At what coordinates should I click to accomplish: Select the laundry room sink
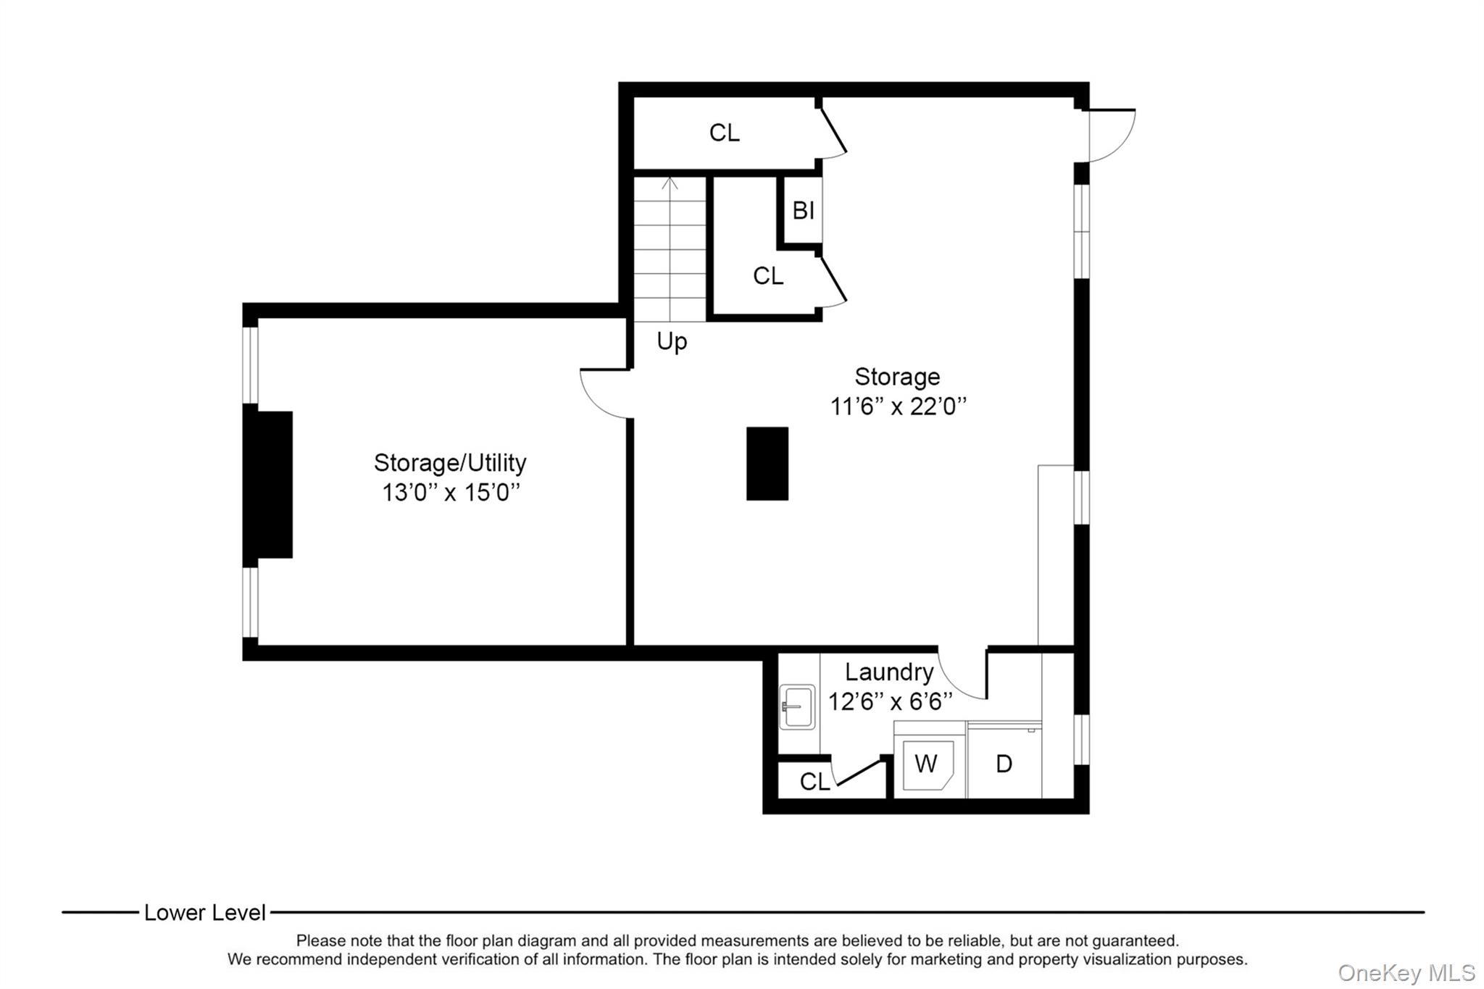(797, 706)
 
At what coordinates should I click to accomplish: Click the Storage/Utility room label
(450, 462)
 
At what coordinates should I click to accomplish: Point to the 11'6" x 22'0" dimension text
(898, 406)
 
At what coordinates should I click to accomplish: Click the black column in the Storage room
(767, 463)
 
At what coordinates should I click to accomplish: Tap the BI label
(803, 210)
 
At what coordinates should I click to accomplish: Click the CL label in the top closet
(725, 133)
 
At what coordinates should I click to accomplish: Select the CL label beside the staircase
(768, 276)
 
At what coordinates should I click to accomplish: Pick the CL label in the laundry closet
(814, 782)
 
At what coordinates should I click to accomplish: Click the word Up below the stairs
(672, 341)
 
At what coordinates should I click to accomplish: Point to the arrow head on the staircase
(670, 182)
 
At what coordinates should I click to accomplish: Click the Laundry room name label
(889, 672)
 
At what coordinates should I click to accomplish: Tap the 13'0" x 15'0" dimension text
(451, 493)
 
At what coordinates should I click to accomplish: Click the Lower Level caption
(205, 912)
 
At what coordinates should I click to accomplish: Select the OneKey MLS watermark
(1406, 972)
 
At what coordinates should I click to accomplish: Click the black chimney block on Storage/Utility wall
(268, 485)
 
